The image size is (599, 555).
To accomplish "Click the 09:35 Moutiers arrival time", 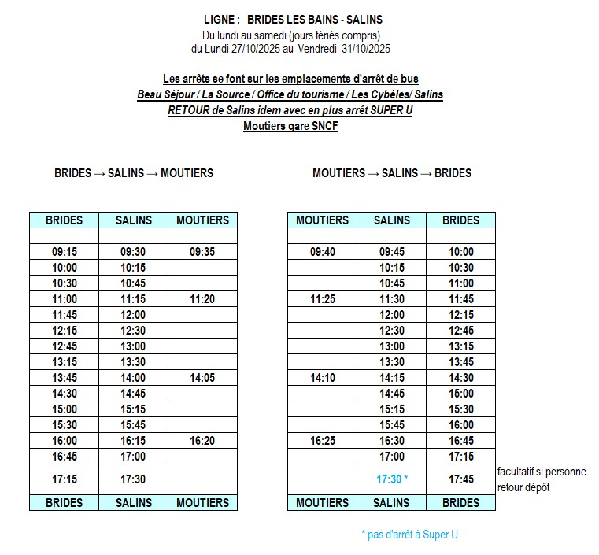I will click(202, 252).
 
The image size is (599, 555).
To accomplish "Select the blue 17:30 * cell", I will click(392, 479).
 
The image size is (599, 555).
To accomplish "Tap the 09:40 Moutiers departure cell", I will click(322, 252).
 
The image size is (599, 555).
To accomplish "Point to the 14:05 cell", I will click(202, 378).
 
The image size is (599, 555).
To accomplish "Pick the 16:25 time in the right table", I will click(322, 441).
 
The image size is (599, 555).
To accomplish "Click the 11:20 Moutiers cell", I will click(202, 299).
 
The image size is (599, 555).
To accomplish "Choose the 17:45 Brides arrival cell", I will click(460, 479).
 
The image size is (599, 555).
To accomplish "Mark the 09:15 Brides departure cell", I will click(64, 252).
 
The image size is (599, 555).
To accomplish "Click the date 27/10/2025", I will click(255, 49).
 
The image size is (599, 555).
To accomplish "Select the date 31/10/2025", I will click(366, 49).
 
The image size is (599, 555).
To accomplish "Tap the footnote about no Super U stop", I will click(409, 535).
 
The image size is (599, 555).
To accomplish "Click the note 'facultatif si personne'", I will click(542, 472).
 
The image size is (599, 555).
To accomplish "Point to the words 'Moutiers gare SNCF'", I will click(290, 126).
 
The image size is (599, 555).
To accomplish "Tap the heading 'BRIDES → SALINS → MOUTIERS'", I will click(134, 173).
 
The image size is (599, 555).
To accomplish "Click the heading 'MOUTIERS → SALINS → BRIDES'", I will click(392, 173).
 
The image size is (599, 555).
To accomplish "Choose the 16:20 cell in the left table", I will click(202, 441).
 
